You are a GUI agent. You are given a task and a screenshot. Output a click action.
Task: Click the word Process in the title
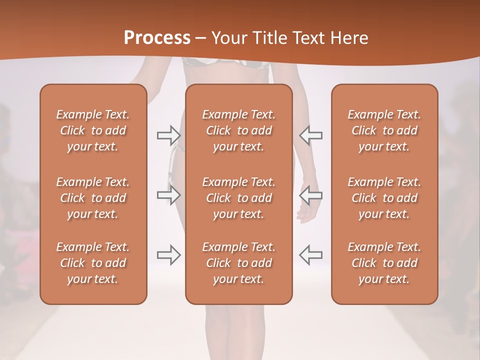coord(157,38)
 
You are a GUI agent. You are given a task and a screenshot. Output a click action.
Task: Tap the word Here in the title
coord(349,38)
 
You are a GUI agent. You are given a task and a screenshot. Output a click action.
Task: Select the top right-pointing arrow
coord(168,135)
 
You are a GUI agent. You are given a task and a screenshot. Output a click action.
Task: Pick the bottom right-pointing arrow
coord(168,255)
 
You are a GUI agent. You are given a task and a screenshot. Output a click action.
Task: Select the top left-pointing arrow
coord(310,135)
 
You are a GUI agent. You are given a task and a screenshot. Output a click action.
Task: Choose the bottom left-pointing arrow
coord(310,255)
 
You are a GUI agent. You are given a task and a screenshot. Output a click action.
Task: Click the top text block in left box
coord(93,130)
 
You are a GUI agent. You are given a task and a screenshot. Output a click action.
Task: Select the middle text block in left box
coord(93,198)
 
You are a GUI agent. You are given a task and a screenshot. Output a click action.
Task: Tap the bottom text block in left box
coord(93,263)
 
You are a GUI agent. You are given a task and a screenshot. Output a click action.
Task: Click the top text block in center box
coord(239,130)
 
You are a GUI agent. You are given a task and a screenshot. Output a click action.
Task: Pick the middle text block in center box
coord(239,198)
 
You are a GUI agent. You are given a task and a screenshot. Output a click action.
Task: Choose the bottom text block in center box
coord(239,263)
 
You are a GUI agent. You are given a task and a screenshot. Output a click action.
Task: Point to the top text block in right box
coord(384,130)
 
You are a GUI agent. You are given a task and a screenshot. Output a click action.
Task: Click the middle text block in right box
coord(384,198)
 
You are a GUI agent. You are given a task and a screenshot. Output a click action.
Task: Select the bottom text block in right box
coord(384,263)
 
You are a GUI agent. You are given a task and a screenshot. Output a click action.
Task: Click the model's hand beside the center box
coord(305,212)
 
